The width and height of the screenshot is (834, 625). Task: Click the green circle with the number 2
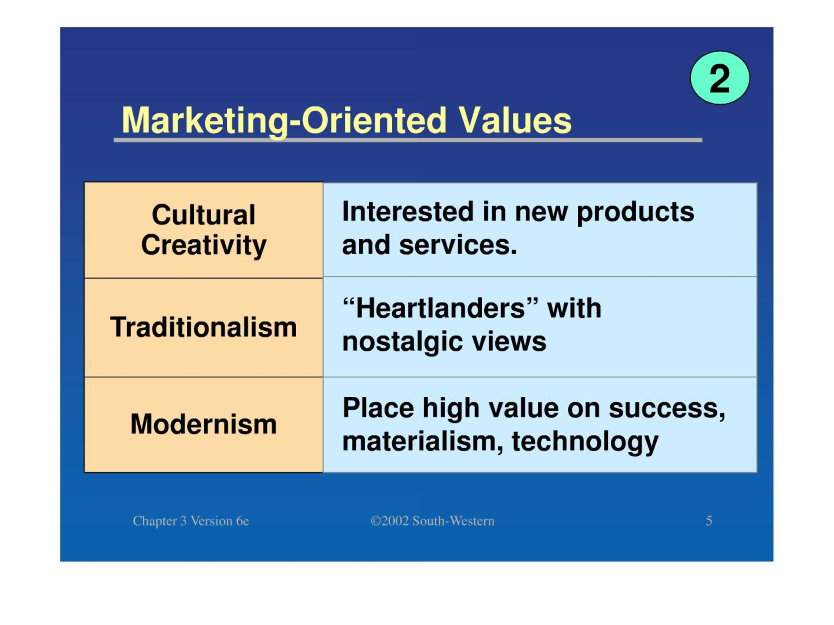pyautogui.click(x=720, y=78)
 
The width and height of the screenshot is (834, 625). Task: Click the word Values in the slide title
pyautogui.click(x=515, y=120)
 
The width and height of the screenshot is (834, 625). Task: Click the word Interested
pyautogui.click(x=407, y=212)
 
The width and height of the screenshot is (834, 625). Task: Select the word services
pyautogui.click(x=458, y=246)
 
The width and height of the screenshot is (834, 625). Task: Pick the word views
pyautogui.click(x=509, y=342)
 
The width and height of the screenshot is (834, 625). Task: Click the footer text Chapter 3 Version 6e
pyautogui.click(x=191, y=521)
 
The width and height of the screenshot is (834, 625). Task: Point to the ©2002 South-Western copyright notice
pyautogui.click(x=432, y=521)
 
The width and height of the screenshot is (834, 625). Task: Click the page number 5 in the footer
pyautogui.click(x=709, y=521)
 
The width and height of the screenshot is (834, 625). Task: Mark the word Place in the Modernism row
pyautogui.click(x=378, y=408)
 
